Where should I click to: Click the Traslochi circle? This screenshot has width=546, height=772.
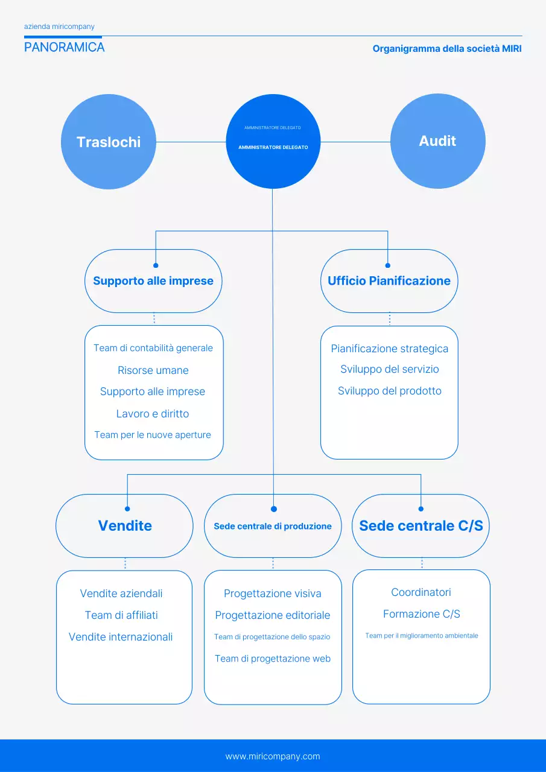(109, 142)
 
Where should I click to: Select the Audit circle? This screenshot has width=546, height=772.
(437, 141)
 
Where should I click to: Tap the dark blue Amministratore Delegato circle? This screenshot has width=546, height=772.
(273, 142)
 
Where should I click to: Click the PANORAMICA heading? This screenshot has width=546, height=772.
(65, 47)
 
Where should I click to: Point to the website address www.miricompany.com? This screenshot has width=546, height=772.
(273, 756)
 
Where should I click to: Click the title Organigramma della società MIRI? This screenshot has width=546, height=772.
(447, 48)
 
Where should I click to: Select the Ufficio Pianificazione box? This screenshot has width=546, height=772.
(389, 281)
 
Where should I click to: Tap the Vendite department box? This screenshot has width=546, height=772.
(125, 526)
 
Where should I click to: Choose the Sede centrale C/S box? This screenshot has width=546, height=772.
(421, 526)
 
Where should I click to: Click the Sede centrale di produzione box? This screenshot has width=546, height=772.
(273, 526)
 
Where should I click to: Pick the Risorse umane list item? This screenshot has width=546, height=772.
(153, 370)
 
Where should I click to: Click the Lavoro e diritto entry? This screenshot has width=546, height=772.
(153, 414)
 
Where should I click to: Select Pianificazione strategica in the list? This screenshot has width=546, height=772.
(390, 349)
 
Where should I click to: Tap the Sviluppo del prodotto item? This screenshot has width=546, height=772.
(390, 391)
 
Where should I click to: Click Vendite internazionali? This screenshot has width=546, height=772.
(121, 637)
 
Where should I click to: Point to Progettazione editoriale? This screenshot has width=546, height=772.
(273, 615)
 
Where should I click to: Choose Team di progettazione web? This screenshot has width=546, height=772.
(273, 659)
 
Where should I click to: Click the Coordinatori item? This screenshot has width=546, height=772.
(421, 592)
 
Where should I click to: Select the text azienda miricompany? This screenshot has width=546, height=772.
(59, 27)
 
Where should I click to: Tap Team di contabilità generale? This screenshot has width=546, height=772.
(153, 348)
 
